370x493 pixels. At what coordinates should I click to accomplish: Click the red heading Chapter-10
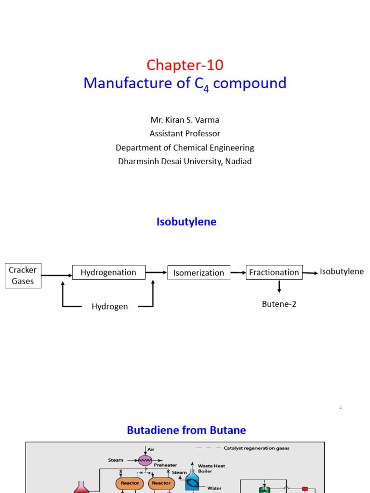(185, 65)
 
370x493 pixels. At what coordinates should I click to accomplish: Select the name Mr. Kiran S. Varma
(185, 119)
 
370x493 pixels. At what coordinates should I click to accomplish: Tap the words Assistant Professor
(185, 133)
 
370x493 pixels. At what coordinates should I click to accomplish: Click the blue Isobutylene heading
(186, 221)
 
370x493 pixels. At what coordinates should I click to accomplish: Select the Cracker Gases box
(23, 276)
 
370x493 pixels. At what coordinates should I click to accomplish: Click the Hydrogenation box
(108, 272)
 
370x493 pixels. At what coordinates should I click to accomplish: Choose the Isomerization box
(198, 273)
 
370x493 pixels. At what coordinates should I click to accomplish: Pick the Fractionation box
(274, 272)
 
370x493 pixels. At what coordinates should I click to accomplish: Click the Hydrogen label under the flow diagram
(110, 306)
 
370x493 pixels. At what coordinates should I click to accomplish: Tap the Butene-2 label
(279, 304)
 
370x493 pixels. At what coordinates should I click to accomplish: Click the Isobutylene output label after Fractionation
(342, 272)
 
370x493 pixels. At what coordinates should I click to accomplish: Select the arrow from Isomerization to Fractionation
(238, 272)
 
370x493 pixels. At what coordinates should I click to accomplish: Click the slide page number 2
(340, 407)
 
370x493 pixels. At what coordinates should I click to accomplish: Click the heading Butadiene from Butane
(186, 430)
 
